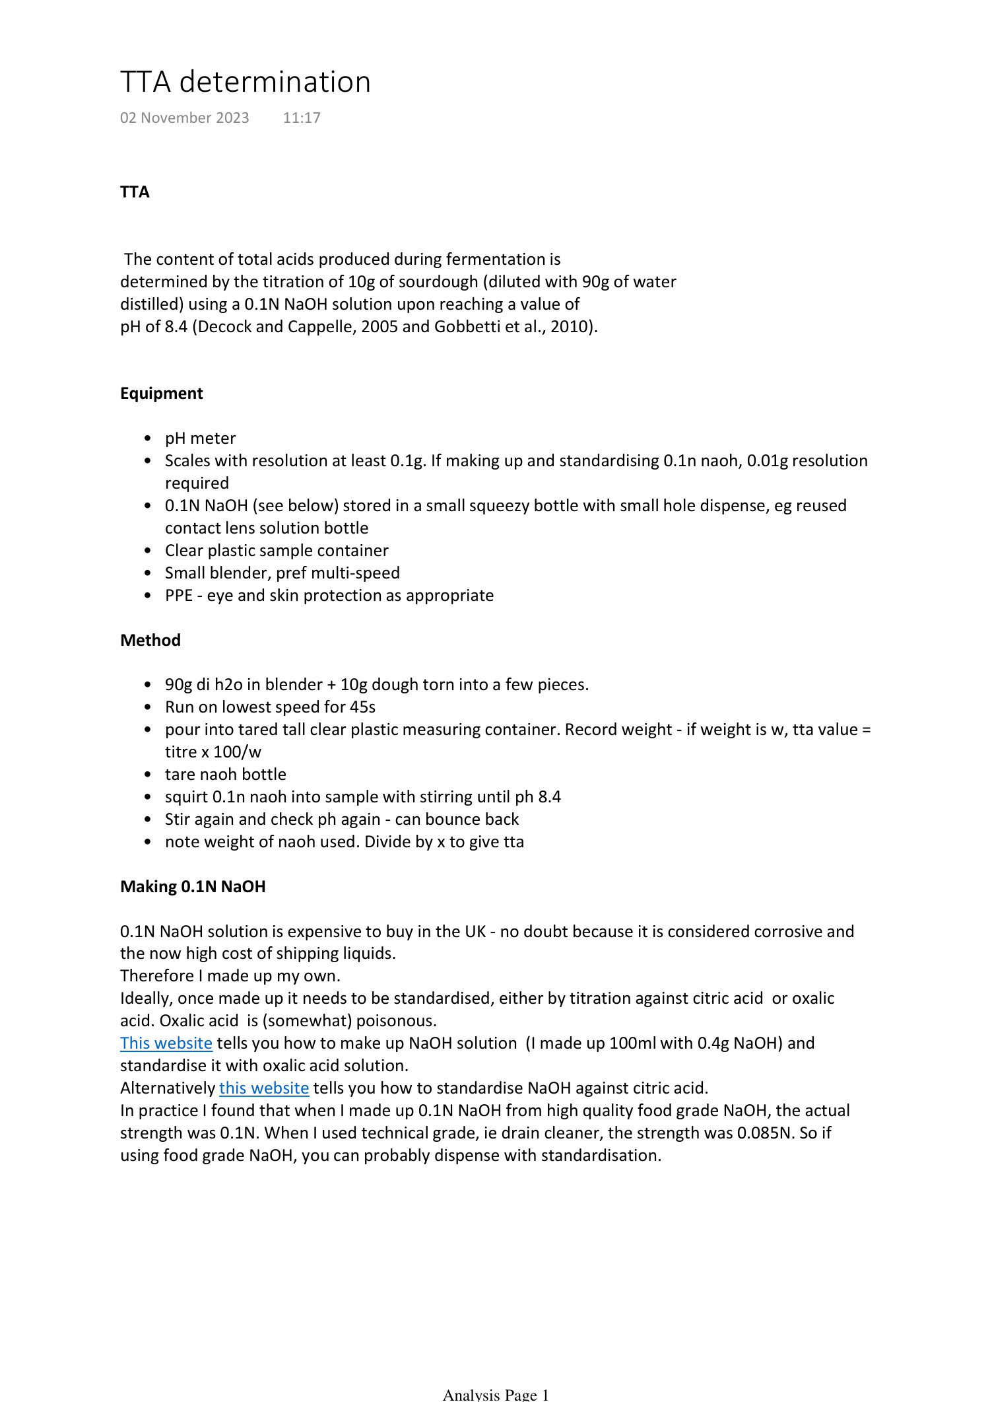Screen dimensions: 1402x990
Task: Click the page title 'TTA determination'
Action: point(245,82)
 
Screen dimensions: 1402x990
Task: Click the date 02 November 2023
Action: point(184,118)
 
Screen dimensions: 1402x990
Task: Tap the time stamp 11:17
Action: point(302,118)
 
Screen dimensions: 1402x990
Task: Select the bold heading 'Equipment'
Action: point(161,394)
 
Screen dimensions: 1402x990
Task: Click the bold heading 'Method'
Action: point(150,640)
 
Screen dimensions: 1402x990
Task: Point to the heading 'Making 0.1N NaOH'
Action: point(193,886)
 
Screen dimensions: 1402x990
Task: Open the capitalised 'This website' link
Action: point(166,1043)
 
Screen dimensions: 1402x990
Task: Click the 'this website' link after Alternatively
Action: point(263,1088)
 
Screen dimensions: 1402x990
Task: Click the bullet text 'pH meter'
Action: point(200,438)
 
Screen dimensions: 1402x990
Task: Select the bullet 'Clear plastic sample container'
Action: point(277,550)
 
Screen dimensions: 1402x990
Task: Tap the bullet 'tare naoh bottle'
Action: point(225,774)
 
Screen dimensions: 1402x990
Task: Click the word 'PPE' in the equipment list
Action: point(178,595)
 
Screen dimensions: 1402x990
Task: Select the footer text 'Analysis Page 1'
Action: point(495,1394)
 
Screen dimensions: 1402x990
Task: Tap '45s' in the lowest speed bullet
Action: point(362,707)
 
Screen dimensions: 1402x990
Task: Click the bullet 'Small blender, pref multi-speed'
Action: point(282,573)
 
